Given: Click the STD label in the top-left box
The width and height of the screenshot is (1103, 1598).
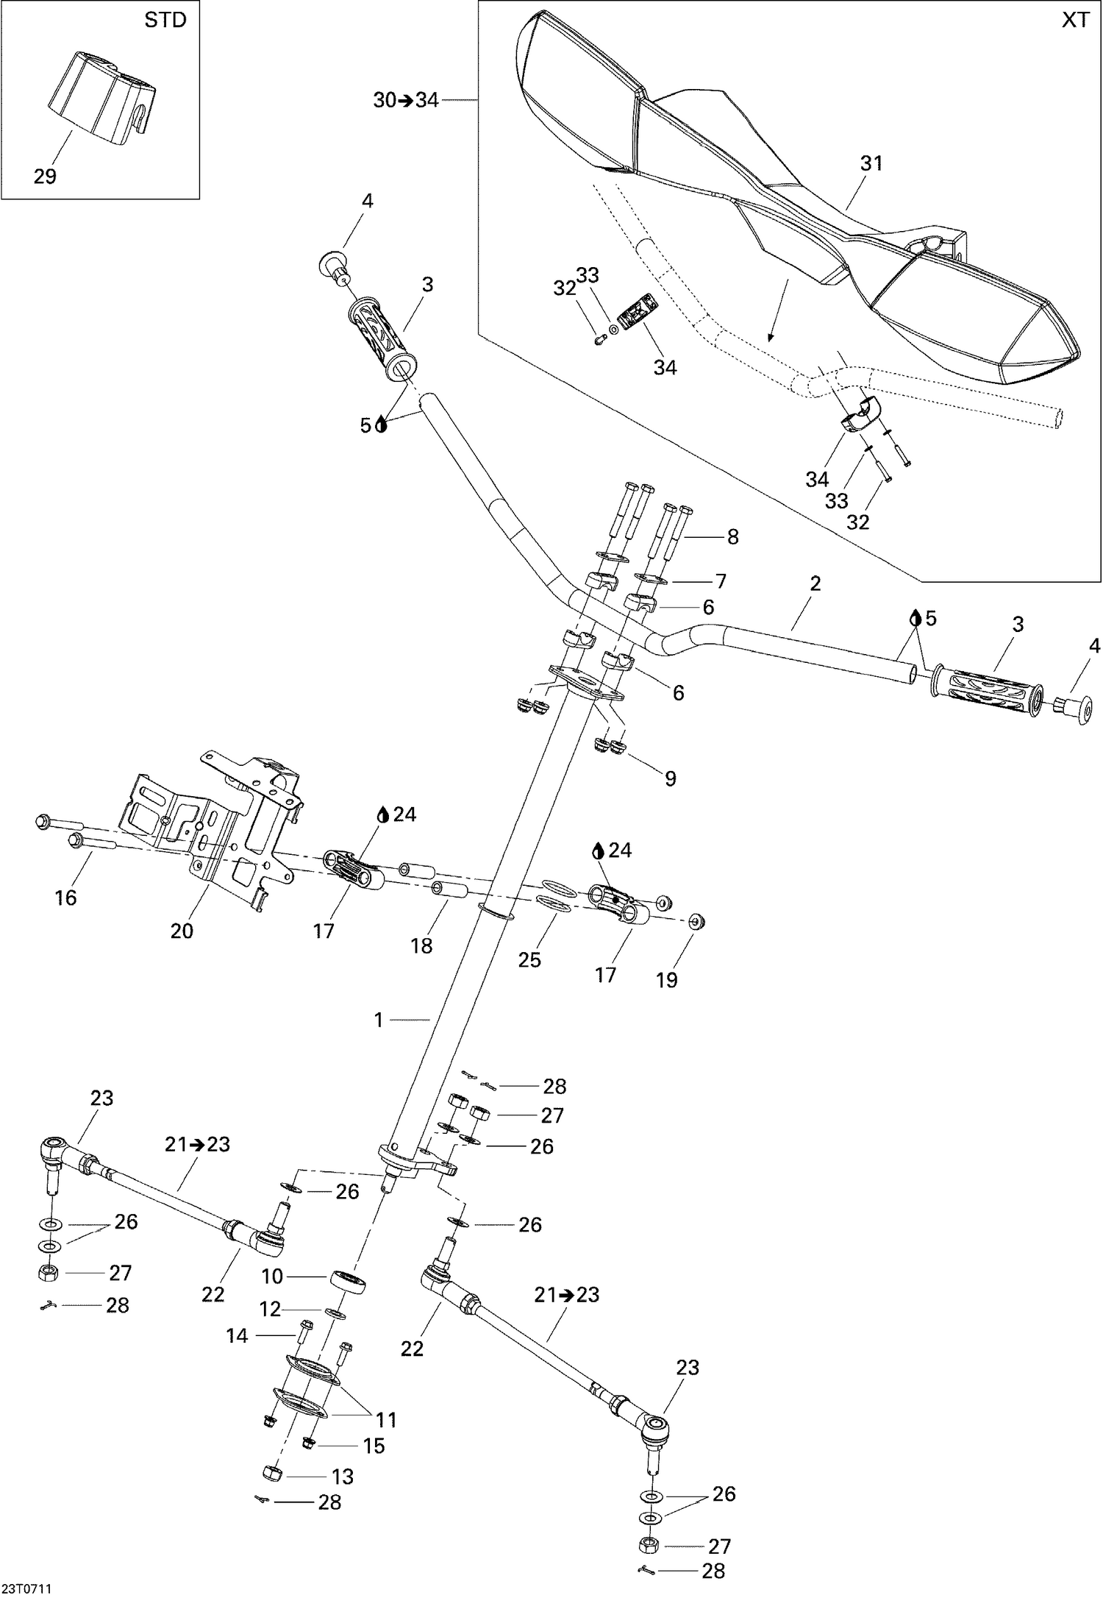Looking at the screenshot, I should coord(165,20).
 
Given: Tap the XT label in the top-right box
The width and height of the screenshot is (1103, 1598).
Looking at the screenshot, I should coord(1075,20).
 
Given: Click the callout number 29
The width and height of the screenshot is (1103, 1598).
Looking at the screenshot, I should coord(45,177).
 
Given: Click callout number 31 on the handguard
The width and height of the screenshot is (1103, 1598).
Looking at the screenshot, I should coord(871,163).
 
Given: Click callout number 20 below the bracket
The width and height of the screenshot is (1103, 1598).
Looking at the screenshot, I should coord(182,931).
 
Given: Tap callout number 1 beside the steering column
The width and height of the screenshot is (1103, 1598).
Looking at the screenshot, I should coord(379,1020).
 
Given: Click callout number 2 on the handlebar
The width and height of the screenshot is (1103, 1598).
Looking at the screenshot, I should coord(815,583).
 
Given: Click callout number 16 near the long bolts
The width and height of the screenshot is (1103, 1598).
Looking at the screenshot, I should coord(66,897).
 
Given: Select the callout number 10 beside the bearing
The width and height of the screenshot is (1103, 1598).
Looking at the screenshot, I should coord(273,1276).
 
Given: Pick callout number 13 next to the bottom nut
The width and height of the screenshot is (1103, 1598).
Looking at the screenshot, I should coord(343,1477).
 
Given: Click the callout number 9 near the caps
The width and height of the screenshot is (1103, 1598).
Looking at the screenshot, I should coord(670,778).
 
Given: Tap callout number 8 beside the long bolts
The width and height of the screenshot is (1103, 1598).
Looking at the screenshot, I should coord(732,537).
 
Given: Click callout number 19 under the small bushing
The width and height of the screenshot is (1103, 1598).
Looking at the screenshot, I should coord(666,979).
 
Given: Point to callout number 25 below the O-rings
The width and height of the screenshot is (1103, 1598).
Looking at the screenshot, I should coord(529,959).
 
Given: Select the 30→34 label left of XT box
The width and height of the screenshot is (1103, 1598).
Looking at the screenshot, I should coord(405,100).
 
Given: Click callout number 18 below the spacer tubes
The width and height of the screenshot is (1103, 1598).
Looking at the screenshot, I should coord(421,945).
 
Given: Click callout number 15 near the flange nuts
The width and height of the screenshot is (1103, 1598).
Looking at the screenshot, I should coord(374,1446).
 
